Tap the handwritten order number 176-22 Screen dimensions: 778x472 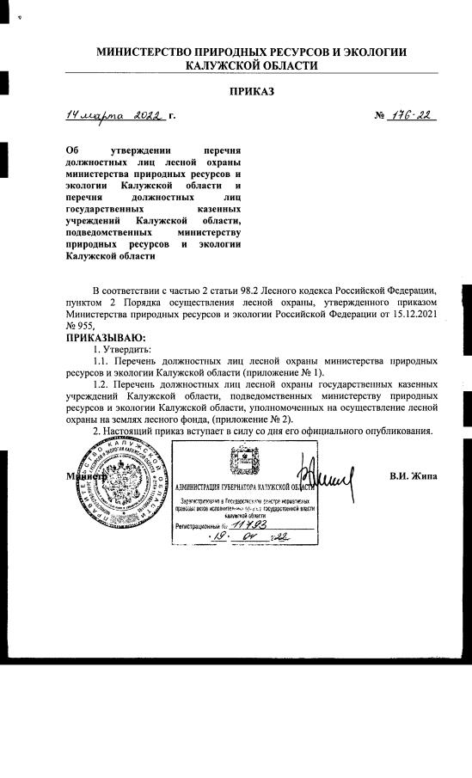point(410,115)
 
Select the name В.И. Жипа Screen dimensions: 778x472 point(414,475)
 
